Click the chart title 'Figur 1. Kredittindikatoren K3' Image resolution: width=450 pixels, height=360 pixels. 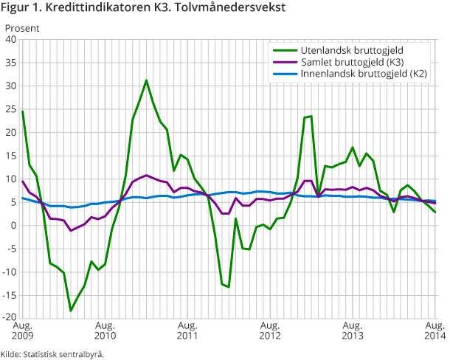[x=145, y=9]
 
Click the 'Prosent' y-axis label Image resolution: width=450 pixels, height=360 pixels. [x=22, y=30]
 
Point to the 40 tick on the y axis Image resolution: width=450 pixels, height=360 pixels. [x=13, y=40]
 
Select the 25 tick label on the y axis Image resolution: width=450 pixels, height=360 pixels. [x=13, y=109]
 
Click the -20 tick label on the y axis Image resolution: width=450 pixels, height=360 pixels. [x=10, y=319]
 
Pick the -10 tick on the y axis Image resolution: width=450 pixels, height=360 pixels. [x=10, y=272]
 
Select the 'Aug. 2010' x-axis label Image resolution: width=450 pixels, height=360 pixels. [x=105, y=330]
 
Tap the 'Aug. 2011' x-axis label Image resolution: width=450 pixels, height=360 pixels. [x=188, y=330]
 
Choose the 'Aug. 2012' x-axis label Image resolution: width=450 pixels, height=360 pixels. [x=270, y=330]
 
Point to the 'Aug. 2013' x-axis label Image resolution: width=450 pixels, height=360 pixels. [x=353, y=330]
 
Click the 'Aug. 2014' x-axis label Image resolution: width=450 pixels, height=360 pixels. [x=435, y=330]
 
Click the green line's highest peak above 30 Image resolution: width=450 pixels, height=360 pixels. [x=146, y=80]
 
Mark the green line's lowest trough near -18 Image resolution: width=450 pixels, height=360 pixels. [x=71, y=311]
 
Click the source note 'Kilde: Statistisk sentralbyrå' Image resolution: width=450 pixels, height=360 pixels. [x=52, y=353]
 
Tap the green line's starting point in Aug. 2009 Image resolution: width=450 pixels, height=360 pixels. [x=23, y=111]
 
